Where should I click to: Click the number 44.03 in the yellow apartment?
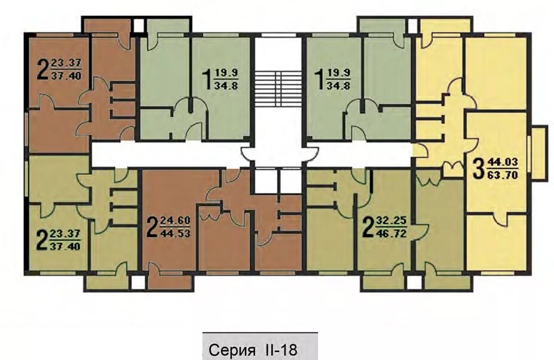click(x=502, y=163)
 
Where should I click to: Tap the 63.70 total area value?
click(x=502, y=174)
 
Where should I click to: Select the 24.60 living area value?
click(x=175, y=221)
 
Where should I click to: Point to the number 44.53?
click(x=175, y=233)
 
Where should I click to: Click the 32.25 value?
click(x=392, y=221)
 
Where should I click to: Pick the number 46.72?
click(x=392, y=233)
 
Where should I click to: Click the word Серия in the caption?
click(x=232, y=350)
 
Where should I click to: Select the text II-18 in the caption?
click(x=280, y=350)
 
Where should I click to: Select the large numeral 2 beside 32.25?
click(x=368, y=228)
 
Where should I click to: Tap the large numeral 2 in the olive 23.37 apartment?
click(x=42, y=240)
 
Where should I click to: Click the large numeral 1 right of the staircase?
click(x=319, y=80)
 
